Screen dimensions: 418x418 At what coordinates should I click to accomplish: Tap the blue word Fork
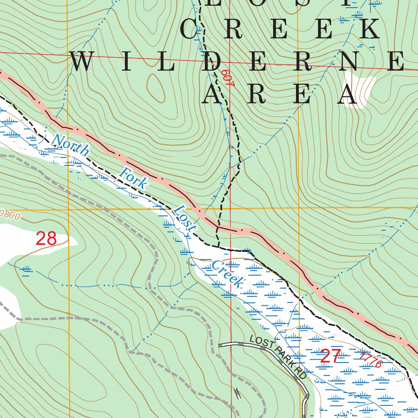pos(133,178)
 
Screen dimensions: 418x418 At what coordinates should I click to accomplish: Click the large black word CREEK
pos(280,29)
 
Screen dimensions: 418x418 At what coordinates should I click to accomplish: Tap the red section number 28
pos(46,239)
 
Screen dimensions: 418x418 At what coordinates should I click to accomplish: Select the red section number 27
pos(330,357)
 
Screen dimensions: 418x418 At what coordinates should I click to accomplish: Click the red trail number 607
pos(227,78)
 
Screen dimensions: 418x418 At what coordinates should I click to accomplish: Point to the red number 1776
pos(371,360)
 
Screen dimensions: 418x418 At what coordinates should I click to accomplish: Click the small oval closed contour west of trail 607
pos(156,87)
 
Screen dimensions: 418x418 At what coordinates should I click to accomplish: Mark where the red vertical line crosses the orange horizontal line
pos(230,209)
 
